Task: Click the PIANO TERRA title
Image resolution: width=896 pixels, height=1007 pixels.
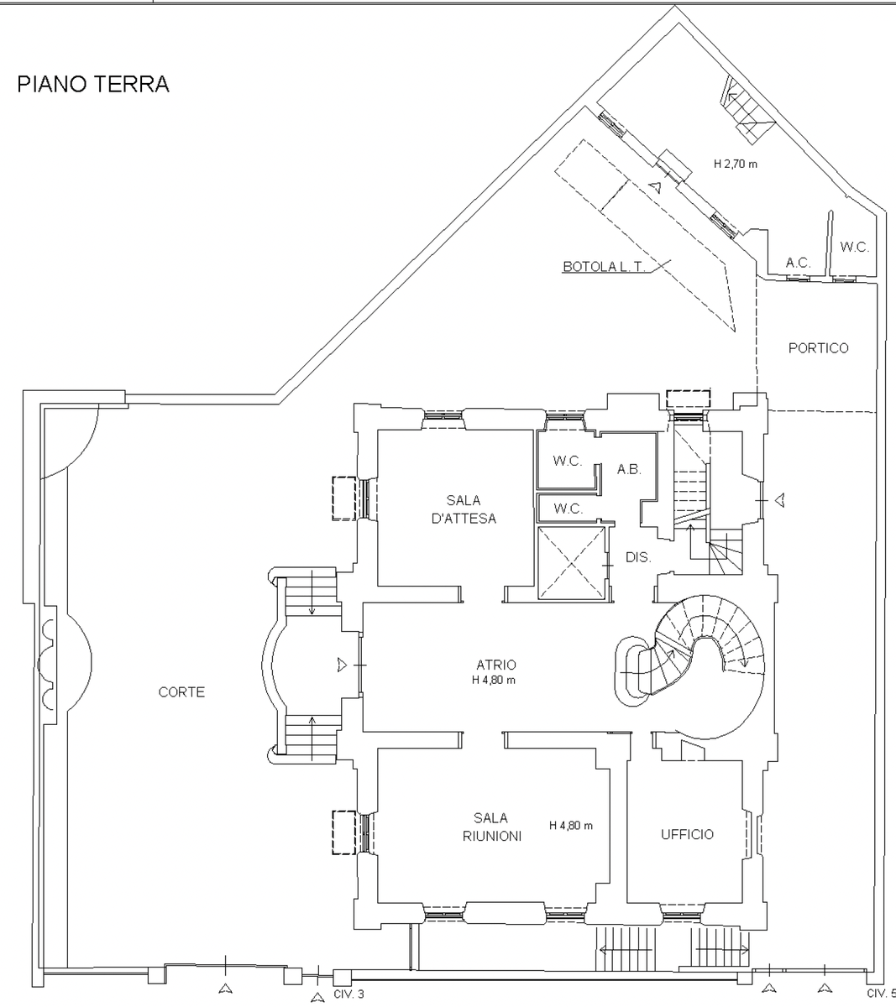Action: click(x=93, y=84)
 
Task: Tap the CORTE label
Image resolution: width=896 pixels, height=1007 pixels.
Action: click(x=181, y=692)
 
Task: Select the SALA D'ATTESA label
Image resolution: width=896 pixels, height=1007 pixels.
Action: click(x=464, y=509)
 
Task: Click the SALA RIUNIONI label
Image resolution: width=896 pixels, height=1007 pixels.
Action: click(x=491, y=827)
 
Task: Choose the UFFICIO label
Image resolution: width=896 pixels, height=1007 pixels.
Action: click(x=687, y=834)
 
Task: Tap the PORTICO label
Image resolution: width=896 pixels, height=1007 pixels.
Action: click(x=818, y=348)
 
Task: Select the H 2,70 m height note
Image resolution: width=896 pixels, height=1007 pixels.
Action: click(x=735, y=164)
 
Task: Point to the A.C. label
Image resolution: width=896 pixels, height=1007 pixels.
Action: click(x=798, y=263)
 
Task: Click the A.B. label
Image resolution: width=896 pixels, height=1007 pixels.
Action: click(x=629, y=470)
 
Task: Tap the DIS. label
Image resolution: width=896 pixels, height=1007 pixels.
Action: click(x=638, y=556)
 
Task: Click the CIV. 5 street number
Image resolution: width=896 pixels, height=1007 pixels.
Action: click(x=881, y=994)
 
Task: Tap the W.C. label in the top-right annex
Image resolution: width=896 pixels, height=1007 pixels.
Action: click(x=854, y=248)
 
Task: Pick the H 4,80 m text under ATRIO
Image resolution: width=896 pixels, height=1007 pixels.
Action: click(x=494, y=681)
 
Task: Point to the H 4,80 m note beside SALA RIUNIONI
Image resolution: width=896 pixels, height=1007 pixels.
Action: click(x=571, y=826)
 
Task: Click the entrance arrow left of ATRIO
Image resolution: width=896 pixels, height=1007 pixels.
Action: click(x=341, y=665)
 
